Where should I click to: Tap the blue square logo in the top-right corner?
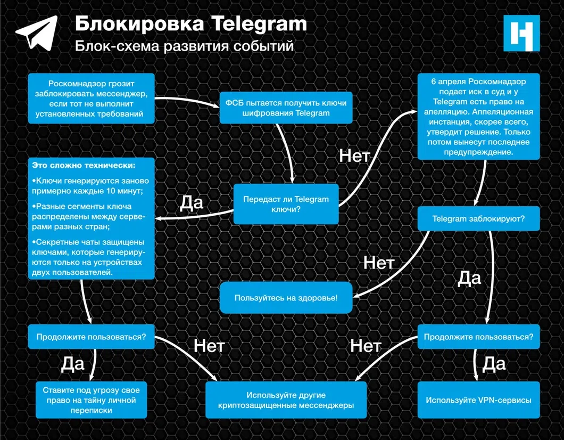pos(521,33)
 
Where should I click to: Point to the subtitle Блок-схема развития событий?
pos(184,46)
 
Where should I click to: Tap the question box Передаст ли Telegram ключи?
pos(286,204)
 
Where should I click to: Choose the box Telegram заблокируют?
pos(478,218)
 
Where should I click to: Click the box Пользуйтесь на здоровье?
pos(286,298)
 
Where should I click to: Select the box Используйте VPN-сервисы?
pos(478,400)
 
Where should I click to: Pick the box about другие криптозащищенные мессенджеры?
pos(286,400)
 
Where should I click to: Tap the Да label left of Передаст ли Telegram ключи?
pos(192,202)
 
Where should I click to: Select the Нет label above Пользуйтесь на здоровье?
pos(378,263)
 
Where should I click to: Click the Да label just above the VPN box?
pos(493,364)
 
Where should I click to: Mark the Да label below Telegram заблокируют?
pos(469,278)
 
